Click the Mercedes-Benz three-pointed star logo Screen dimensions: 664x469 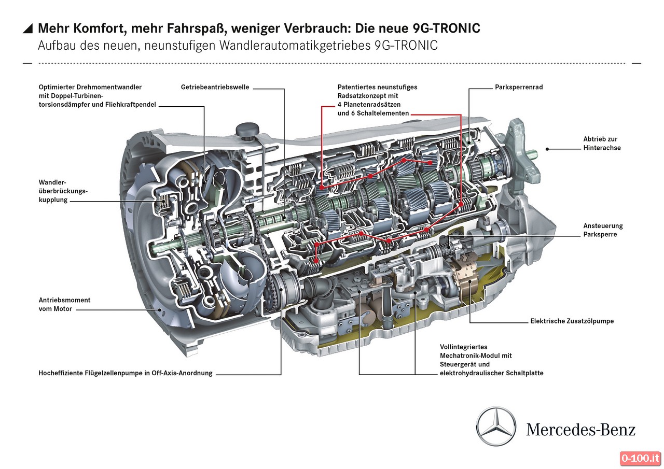[x=496, y=427]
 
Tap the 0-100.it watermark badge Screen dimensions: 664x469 [x=640, y=458]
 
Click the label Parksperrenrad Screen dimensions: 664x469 [x=519, y=87]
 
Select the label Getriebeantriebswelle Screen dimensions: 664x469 [x=215, y=87]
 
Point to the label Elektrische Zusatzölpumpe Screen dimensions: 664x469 [x=572, y=321]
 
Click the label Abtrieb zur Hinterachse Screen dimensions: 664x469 [x=602, y=144]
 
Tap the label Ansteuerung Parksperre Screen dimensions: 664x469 [x=603, y=230]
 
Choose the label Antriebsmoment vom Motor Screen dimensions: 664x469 [x=64, y=304]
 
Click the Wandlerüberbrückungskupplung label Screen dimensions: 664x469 [x=63, y=191]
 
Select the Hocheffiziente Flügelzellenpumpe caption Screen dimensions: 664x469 [x=126, y=373]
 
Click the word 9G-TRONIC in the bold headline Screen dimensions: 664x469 [x=446, y=29]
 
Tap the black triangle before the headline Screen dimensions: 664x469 [x=28, y=29]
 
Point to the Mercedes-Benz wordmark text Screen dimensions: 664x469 [x=580, y=430]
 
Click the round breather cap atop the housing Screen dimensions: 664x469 [x=247, y=130]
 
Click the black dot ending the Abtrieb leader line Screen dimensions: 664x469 [x=547, y=149]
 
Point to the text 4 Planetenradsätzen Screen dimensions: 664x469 [x=369, y=105]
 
